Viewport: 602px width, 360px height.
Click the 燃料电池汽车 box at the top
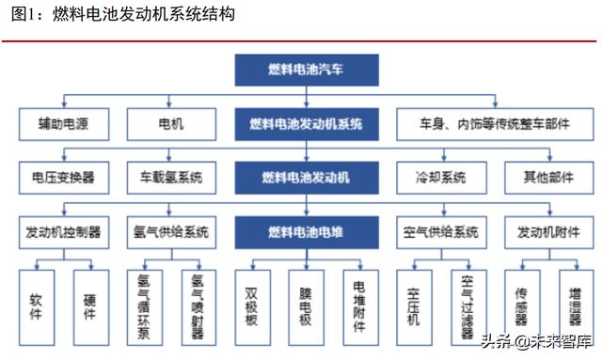click(307, 70)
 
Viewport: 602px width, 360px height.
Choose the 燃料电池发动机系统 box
click(307, 122)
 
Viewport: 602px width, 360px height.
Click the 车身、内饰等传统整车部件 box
click(483, 122)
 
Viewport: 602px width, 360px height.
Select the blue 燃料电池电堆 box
click(307, 230)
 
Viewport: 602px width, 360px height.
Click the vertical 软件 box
click(38, 303)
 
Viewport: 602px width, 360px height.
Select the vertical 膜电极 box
click(306, 303)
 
